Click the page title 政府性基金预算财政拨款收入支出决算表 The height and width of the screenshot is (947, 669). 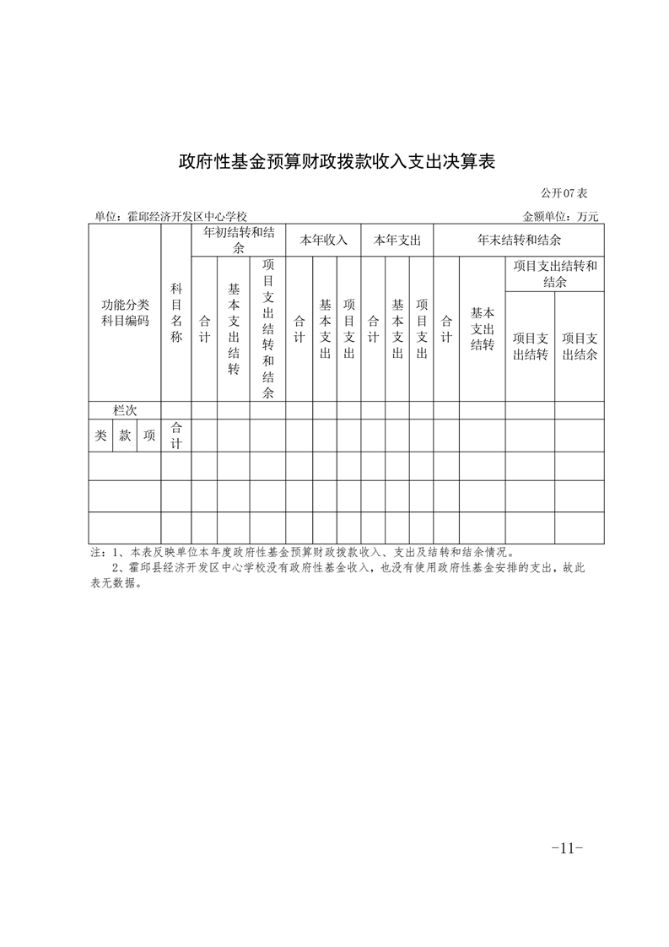click(335, 162)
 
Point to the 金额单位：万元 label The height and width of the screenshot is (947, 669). click(561, 217)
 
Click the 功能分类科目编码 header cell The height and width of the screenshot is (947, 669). click(125, 313)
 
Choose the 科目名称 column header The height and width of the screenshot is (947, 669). click(176, 313)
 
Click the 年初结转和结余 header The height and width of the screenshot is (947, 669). click(238, 240)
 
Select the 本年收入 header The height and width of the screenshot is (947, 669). click(324, 240)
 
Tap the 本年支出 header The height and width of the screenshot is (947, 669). click(397, 240)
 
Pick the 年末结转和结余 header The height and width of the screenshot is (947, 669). click(520, 240)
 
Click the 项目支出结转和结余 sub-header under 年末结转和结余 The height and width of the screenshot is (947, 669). click(554, 273)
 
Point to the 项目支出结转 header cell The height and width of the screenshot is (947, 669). click(530, 346)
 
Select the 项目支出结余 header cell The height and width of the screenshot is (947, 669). click(580, 346)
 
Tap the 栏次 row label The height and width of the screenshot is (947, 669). click(125, 410)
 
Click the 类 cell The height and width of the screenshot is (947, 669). click(100, 436)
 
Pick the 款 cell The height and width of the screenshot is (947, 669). click(125, 436)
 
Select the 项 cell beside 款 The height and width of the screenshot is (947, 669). click(149, 436)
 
